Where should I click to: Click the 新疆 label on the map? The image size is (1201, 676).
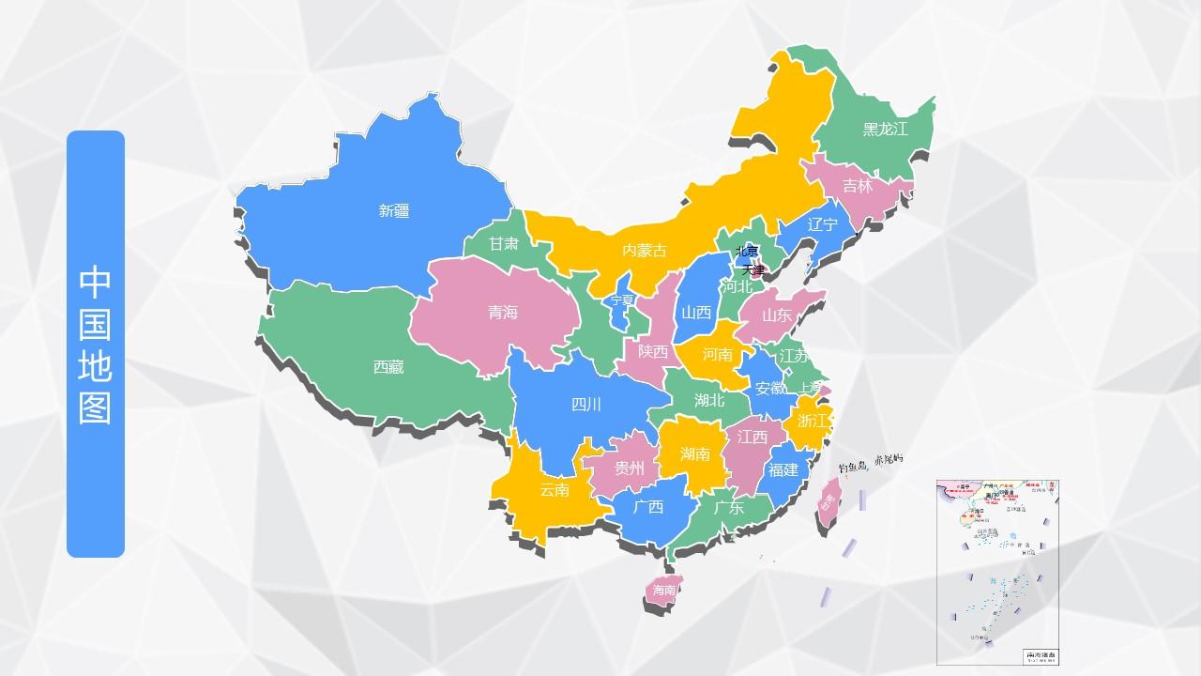pyautogui.click(x=394, y=211)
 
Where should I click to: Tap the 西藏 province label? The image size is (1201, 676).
pyautogui.click(x=388, y=367)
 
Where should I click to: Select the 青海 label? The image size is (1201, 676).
pyautogui.click(x=503, y=313)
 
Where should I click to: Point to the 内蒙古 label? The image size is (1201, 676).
pyautogui.click(x=645, y=250)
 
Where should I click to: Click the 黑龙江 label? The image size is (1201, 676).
pyautogui.click(x=886, y=130)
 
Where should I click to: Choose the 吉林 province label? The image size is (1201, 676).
pyautogui.click(x=858, y=186)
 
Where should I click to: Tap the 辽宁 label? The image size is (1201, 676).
pyautogui.click(x=822, y=224)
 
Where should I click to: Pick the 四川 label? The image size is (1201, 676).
pyautogui.click(x=586, y=405)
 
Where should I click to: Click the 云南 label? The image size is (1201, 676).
pyautogui.click(x=555, y=489)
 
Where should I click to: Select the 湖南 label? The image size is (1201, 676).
pyautogui.click(x=695, y=454)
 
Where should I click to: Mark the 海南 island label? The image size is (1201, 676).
pyautogui.click(x=664, y=591)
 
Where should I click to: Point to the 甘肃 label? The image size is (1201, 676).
pyautogui.click(x=504, y=243)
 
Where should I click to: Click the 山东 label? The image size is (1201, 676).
pyautogui.click(x=777, y=315)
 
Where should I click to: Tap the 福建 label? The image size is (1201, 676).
pyautogui.click(x=783, y=469)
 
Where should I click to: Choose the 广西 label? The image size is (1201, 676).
pyautogui.click(x=648, y=507)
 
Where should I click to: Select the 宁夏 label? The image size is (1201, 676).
pyautogui.click(x=622, y=300)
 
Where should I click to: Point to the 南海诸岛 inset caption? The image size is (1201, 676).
pyautogui.click(x=1040, y=654)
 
